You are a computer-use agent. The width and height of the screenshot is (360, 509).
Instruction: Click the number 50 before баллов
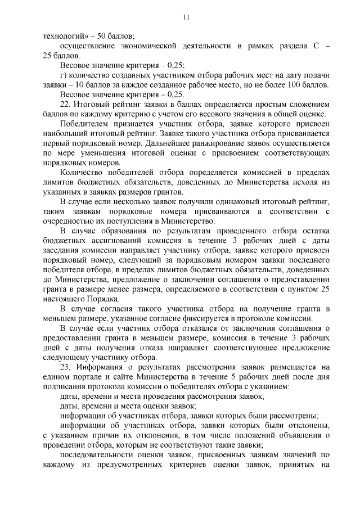click(98, 35)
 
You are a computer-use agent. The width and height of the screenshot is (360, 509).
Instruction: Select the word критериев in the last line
click(172, 465)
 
